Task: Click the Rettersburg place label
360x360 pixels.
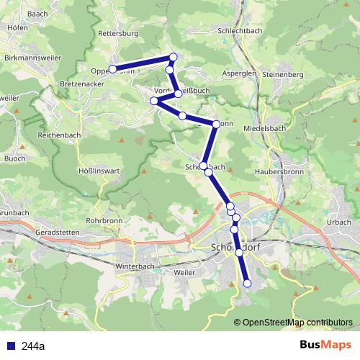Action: [117, 33]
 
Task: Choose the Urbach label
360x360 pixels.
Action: [338, 222]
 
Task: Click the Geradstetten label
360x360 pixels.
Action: [55, 234]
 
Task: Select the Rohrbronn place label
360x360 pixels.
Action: [104, 220]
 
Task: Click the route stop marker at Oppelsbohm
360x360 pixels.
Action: [112, 69]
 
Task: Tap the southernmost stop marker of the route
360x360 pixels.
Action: [247, 284]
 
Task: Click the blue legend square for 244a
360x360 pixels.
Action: [11, 346]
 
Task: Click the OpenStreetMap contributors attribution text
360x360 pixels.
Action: [297, 322]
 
